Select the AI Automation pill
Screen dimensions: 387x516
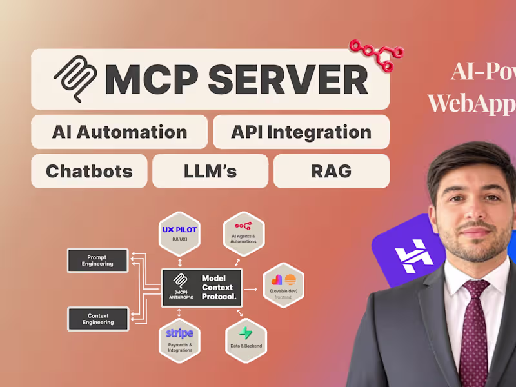coord(119,132)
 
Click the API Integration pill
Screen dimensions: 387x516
coord(301,132)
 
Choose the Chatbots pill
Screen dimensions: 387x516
coord(89,171)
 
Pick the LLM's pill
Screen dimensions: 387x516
coord(210,171)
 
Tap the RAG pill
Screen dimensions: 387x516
coord(332,171)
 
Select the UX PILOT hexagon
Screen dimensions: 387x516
coord(180,233)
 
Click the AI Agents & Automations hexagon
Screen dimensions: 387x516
coord(244,233)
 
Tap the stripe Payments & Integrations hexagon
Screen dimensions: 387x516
coord(180,340)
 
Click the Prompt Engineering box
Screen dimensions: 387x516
coord(97,260)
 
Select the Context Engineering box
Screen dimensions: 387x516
coord(97,319)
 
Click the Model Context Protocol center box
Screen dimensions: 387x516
coord(202,288)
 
